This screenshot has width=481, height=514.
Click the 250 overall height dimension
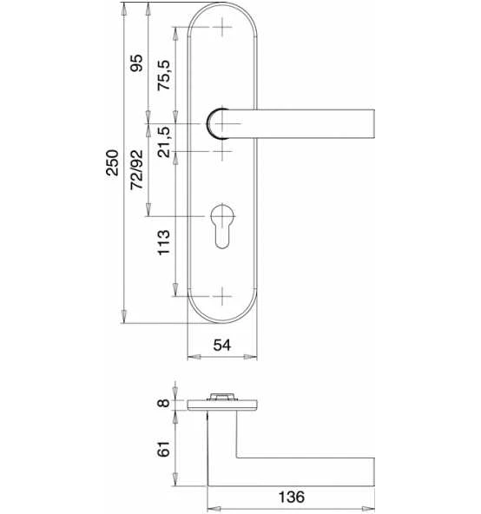pyautogui.click(x=112, y=162)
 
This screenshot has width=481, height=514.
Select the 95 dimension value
pyautogui.click(x=136, y=63)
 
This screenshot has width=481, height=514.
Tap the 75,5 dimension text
pyautogui.click(x=164, y=75)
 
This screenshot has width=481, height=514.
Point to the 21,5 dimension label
pyautogui.click(x=164, y=142)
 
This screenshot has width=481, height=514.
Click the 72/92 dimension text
pyautogui.click(x=136, y=169)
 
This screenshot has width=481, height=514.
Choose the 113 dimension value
pyautogui.click(x=164, y=242)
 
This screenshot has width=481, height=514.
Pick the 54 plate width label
pyautogui.click(x=222, y=346)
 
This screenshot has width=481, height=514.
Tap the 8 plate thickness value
pyautogui.click(x=163, y=403)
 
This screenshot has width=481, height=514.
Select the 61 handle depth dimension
pyautogui.click(x=163, y=449)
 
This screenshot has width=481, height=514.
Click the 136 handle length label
pyautogui.click(x=292, y=497)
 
